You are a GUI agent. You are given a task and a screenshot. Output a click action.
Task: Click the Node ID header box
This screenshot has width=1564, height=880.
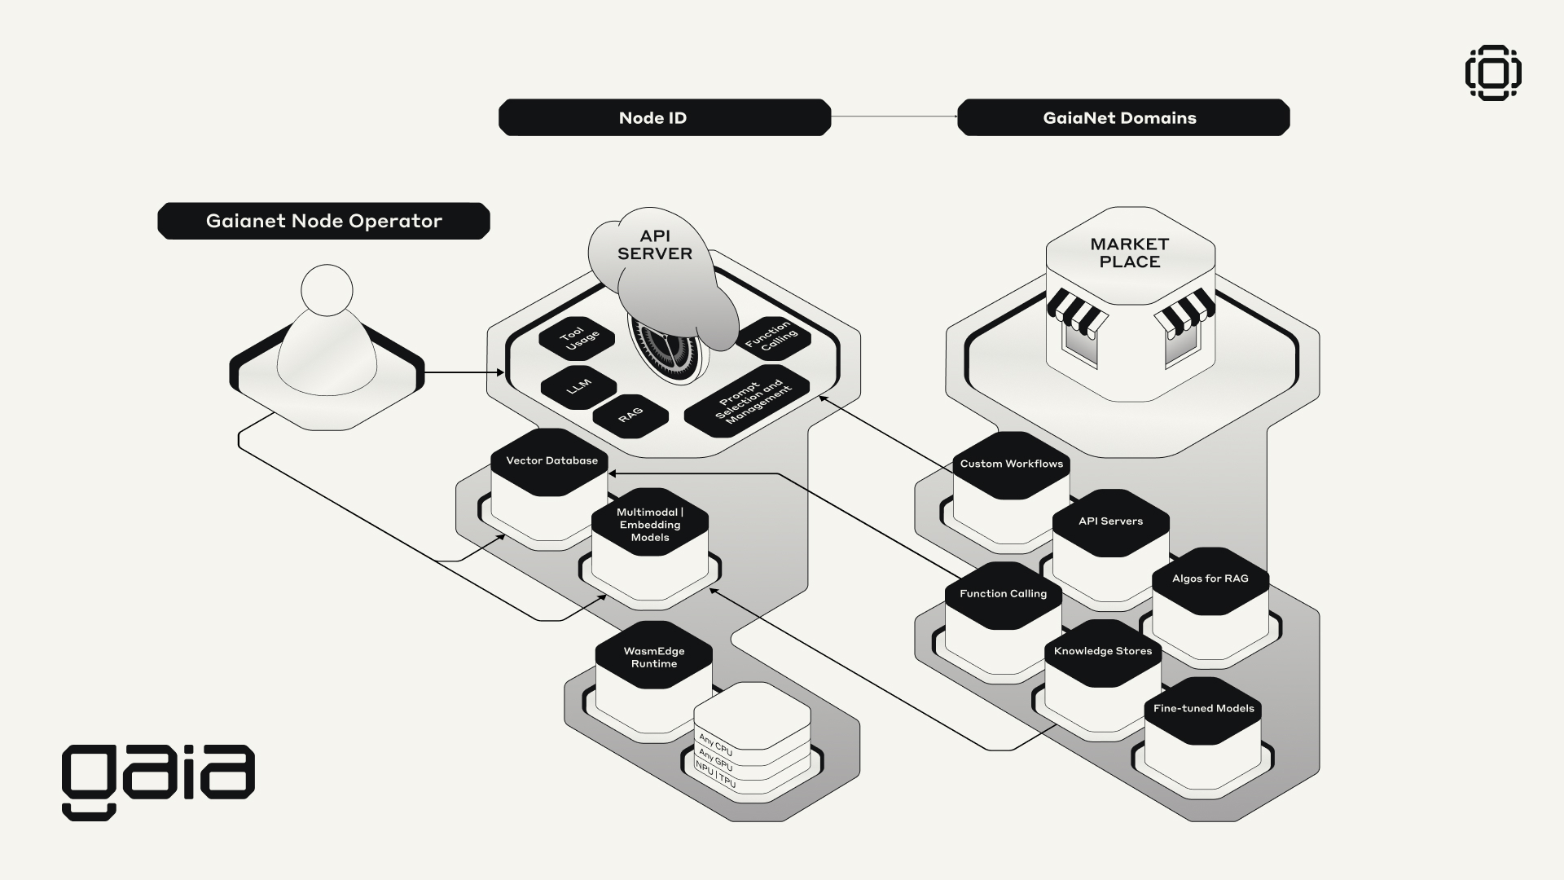pos(664,117)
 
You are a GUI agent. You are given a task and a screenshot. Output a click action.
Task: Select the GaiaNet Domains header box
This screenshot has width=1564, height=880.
pos(1122,117)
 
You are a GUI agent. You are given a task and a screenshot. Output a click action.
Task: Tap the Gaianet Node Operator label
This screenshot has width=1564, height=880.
pos(323,221)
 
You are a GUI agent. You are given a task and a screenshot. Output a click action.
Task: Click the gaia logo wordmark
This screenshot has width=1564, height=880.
pos(158,779)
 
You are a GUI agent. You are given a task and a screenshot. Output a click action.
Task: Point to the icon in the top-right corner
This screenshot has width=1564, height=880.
pos(1493,73)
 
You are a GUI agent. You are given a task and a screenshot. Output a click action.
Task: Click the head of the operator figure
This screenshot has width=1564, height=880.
pos(327,290)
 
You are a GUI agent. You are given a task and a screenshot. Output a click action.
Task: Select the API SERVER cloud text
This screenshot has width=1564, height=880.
pos(654,245)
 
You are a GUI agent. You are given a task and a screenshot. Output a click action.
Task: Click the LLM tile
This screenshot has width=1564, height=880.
pos(578,386)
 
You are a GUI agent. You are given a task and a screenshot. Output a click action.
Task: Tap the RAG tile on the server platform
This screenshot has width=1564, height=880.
pos(630,416)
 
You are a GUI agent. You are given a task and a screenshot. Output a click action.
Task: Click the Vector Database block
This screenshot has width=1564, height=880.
pos(551,461)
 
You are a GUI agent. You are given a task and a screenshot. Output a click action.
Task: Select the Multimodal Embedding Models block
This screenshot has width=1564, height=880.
pos(649,525)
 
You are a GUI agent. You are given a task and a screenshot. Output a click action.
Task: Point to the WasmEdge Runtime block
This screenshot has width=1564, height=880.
pos(653,658)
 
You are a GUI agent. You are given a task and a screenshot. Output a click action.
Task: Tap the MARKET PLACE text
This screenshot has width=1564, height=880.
pos(1130,253)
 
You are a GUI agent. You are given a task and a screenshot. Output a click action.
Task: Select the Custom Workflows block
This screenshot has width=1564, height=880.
pos(1011,464)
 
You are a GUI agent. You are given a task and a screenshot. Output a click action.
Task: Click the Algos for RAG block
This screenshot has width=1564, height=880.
pos(1210,579)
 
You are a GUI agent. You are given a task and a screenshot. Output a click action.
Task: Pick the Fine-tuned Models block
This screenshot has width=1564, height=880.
pos(1203,709)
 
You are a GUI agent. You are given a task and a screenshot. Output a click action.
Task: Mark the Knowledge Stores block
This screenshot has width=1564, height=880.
pos(1102,652)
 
